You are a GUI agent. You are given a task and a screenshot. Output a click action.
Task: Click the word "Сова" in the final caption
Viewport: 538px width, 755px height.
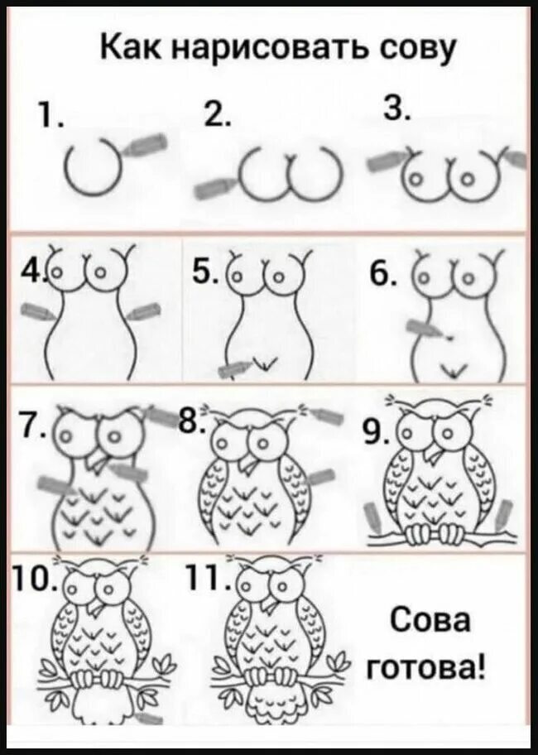point(430,621)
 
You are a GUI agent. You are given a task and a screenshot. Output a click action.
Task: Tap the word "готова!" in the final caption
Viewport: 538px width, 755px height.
point(426,668)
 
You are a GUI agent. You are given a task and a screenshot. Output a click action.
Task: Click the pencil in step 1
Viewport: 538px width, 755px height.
point(146,144)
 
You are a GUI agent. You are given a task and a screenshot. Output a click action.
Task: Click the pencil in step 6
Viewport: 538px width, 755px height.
point(427,330)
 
